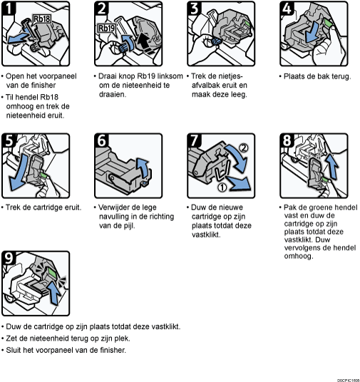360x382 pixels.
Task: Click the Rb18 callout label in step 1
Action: [41, 19]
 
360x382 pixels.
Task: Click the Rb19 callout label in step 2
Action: [106, 29]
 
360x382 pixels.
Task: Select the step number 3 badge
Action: [195, 8]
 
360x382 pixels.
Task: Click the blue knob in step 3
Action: [216, 41]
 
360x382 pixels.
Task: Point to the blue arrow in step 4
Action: [312, 31]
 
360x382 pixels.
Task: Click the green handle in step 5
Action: [44, 175]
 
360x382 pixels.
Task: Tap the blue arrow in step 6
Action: [143, 168]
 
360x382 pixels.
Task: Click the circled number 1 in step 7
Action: [222, 187]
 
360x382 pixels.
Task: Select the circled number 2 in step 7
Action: [243, 148]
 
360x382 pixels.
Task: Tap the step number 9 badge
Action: [9, 258]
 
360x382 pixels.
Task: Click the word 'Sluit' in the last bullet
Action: [14, 350]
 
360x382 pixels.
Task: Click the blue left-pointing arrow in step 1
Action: [18, 38]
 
